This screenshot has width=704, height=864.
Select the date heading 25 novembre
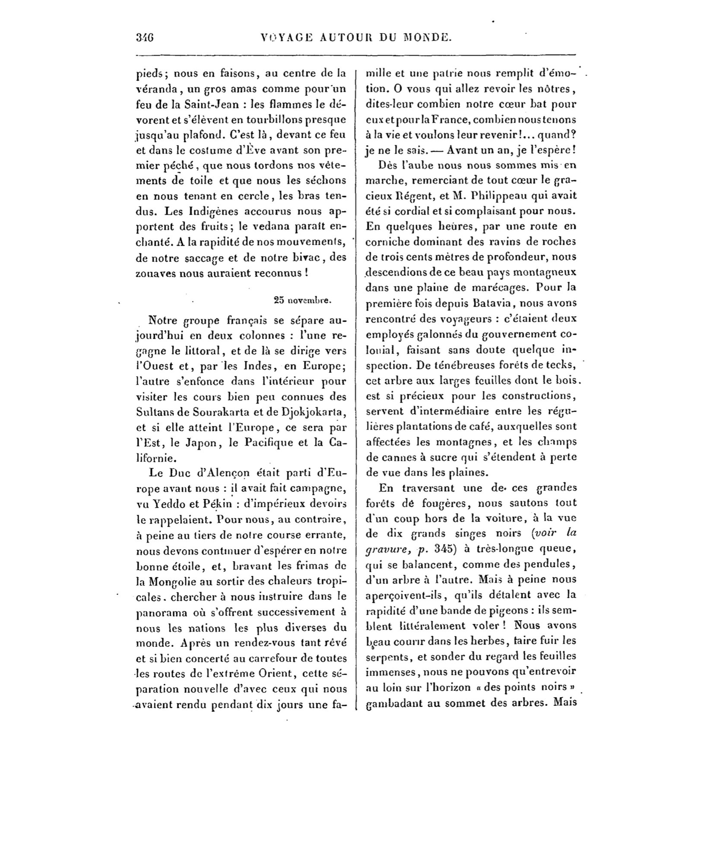coord(302,300)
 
